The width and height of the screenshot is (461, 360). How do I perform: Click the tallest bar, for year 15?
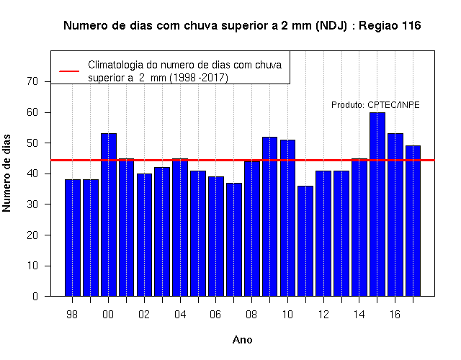pos(377,204)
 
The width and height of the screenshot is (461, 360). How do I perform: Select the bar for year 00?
pos(109,215)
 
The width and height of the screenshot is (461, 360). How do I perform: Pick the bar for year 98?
pos(73,238)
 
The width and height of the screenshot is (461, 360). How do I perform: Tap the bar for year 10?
pos(287,218)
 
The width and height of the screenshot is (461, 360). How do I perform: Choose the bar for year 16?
pos(395,215)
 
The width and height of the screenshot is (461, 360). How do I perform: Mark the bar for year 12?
pos(323,233)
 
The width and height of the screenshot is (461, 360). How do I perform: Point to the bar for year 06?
pos(216,236)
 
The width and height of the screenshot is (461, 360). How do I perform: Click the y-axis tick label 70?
pos(32,81)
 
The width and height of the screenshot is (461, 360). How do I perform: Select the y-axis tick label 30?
pos(32,204)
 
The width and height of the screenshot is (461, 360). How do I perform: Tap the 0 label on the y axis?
pos(35,296)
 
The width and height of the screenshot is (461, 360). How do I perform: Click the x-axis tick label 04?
pos(180,315)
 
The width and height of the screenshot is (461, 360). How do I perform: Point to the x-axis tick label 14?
pos(359,315)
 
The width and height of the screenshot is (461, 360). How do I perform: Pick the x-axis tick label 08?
pos(251,315)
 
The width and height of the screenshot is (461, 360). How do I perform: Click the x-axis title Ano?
pos(242,340)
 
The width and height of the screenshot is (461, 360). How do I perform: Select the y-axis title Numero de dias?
pos(6,174)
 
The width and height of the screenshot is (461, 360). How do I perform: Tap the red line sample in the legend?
pos(69,71)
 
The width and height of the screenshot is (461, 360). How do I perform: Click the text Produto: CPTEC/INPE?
pos(375,105)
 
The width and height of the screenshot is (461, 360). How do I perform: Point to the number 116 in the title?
pos(411,26)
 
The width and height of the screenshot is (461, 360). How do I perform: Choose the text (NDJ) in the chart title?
pos(331,26)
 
